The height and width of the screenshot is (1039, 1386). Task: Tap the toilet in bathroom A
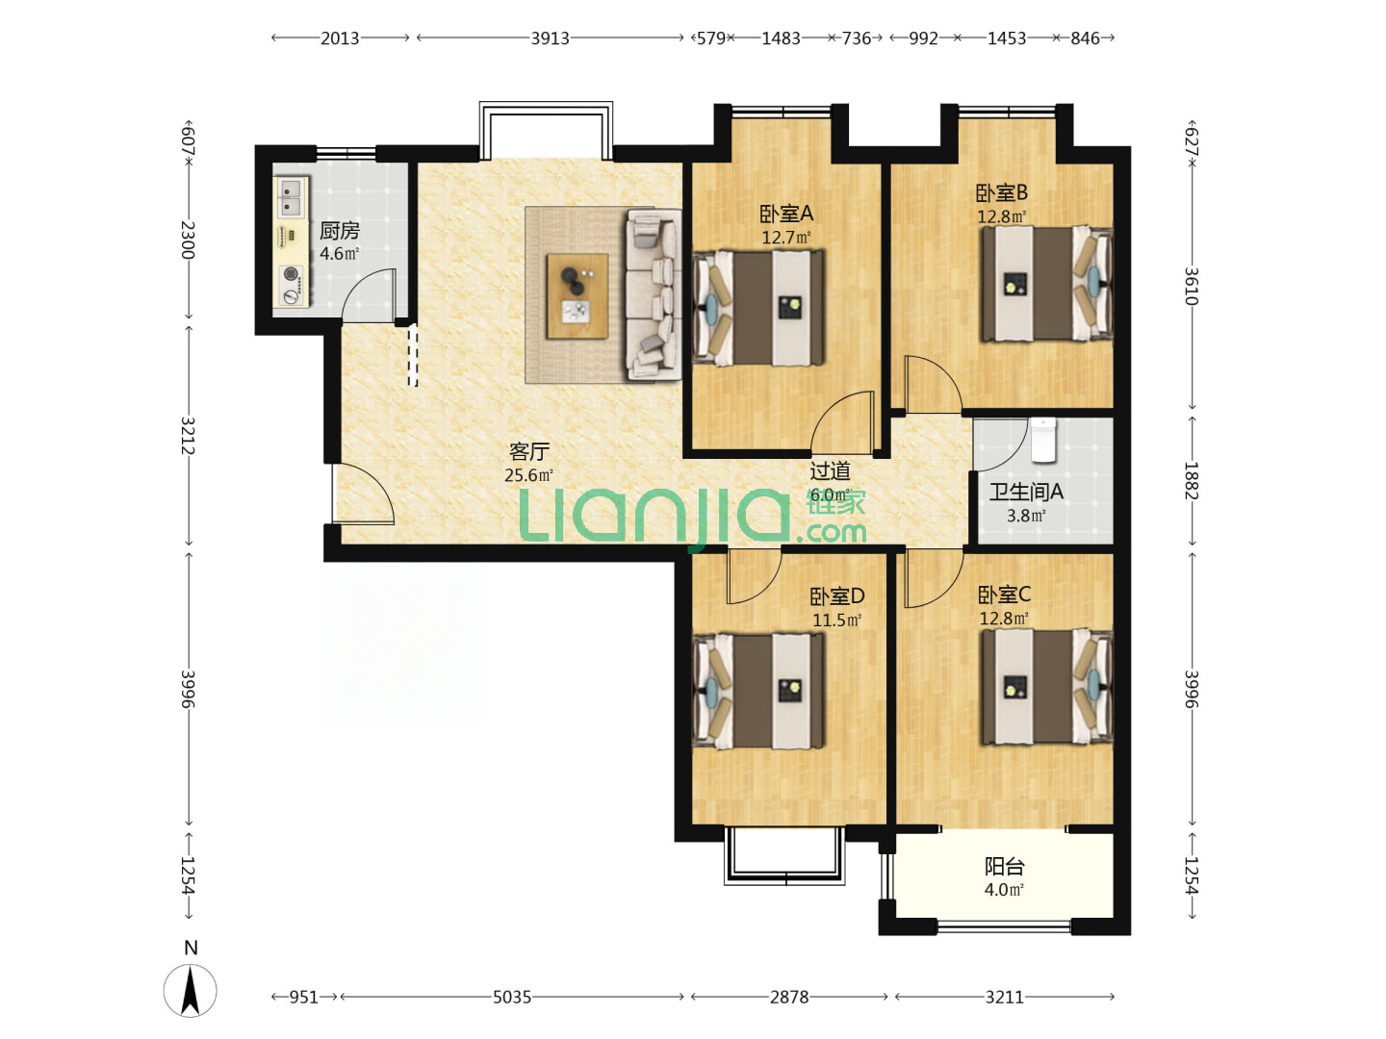pos(1043,440)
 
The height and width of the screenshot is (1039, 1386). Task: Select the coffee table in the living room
pos(577,296)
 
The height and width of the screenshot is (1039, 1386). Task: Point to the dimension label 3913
pos(550,38)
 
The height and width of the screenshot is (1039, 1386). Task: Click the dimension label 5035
pos(511,997)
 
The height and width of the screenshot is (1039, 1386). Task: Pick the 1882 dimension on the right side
pos(1191,481)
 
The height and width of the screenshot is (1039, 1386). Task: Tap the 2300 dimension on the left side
pos(188,240)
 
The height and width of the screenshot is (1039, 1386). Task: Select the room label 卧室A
pos(785,215)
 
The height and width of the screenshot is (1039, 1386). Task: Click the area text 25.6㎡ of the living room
pos(528,475)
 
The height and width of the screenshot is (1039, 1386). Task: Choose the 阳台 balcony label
pos(1004,866)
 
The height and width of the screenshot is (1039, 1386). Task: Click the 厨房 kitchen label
pos(339,231)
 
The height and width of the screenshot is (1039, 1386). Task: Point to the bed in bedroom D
pos(758,690)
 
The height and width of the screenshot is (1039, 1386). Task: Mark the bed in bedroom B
pos(1046,283)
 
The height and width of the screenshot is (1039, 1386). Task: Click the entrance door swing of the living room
pos(364,494)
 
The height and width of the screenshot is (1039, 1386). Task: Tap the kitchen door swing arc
pos(368,294)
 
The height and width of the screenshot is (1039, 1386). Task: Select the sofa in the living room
pos(654,295)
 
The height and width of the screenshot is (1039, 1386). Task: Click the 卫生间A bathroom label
pos(1025,492)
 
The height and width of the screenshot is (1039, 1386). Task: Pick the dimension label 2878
pos(788,997)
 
